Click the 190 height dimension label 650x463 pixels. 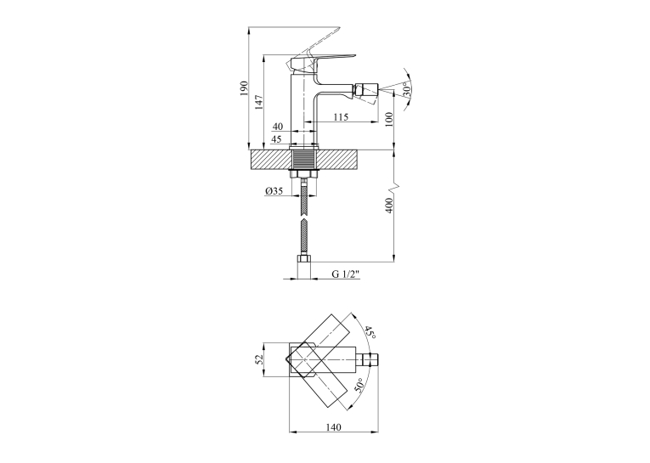point(243,88)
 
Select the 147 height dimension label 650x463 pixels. point(258,102)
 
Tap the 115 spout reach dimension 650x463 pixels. point(341,117)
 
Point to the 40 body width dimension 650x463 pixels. point(278,126)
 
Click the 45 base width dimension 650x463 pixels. point(276,138)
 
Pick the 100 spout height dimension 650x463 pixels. point(389,120)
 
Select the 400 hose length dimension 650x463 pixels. point(389,206)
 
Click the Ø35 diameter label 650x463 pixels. point(274,191)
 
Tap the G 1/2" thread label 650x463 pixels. point(346,274)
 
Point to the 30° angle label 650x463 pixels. point(408,89)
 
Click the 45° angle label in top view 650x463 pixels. point(370,333)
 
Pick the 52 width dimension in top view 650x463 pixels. point(259,359)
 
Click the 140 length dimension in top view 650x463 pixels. point(334,427)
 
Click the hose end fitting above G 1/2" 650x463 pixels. point(304,268)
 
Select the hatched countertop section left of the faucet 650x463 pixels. point(269,160)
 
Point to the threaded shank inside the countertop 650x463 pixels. point(305,160)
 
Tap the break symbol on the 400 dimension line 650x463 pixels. point(394,188)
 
